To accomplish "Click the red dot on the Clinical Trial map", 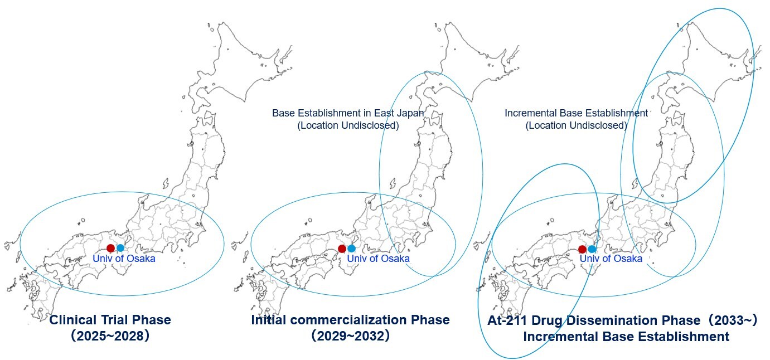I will [x=110, y=248].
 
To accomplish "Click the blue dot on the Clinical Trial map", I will [x=120, y=248].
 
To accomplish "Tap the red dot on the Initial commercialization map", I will [x=342, y=249].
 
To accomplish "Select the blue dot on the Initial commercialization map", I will [x=351, y=249].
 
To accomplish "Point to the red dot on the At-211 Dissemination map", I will [x=582, y=249].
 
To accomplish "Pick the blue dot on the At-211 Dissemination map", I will [x=592, y=249].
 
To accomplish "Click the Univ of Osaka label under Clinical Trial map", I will [x=124, y=259].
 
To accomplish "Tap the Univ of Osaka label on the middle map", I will [x=378, y=259].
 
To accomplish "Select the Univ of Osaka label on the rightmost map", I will [x=611, y=259].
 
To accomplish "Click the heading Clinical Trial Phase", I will [x=110, y=320].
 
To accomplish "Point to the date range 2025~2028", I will [x=110, y=337].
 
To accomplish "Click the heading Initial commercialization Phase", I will [x=350, y=320].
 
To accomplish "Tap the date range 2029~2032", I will [x=350, y=337].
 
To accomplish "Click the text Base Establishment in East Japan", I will [x=348, y=113].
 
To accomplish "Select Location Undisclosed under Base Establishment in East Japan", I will [x=348, y=125].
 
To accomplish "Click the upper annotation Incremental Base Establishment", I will [x=576, y=113].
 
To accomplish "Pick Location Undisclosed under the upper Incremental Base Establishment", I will [x=576, y=125].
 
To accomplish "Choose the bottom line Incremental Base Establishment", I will [x=626, y=337].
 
